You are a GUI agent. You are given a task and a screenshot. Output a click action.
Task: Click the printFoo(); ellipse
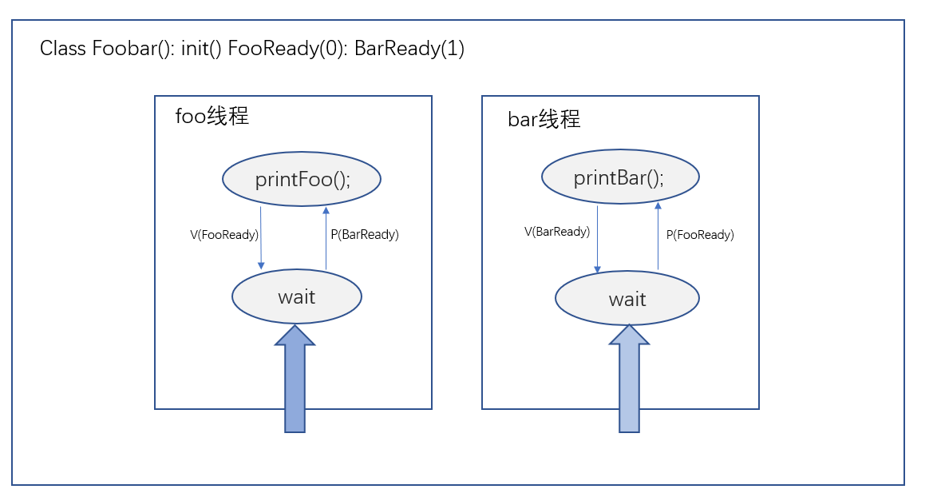[x=302, y=179]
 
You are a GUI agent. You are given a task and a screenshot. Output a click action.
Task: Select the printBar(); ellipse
[x=620, y=177]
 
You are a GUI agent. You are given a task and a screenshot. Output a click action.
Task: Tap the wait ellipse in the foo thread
[x=297, y=297]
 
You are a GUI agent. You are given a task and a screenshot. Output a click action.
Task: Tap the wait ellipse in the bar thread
[x=627, y=299]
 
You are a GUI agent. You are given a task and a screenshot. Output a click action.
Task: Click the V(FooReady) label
[x=223, y=235]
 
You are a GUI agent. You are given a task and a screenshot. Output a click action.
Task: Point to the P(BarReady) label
[x=365, y=235]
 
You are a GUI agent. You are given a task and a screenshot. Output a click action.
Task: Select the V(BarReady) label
[x=557, y=232]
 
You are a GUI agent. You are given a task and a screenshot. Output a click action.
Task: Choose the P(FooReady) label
[x=700, y=235]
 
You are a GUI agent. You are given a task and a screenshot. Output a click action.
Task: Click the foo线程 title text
[x=212, y=117]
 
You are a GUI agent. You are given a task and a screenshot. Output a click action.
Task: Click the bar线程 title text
[x=544, y=120]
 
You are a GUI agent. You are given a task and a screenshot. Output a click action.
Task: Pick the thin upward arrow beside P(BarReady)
[x=326, y=238]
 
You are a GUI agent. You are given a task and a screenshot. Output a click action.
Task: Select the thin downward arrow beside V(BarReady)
[x=597, y=238]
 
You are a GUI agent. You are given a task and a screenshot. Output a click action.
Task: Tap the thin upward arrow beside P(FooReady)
[x=658, y=237]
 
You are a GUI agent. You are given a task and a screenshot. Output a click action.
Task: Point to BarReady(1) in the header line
[x=409, y=49]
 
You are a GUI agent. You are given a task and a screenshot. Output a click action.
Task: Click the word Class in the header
[x=63, y=49]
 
